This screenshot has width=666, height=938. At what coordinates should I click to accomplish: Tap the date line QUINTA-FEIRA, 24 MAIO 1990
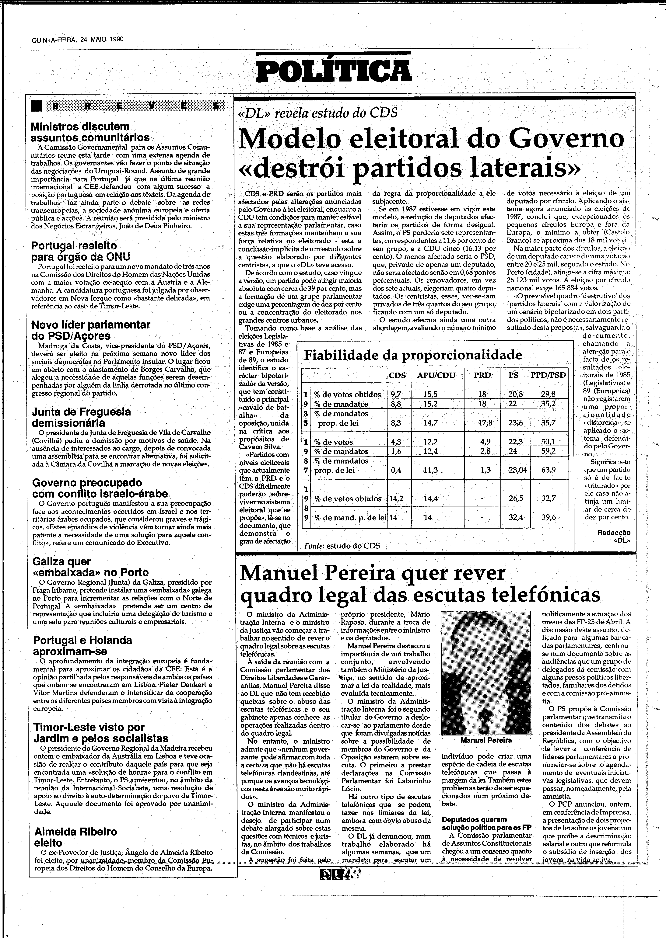point(78,40)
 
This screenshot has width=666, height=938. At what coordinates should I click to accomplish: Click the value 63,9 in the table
point(548,470)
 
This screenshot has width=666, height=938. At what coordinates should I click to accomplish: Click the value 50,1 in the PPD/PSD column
point(548,442)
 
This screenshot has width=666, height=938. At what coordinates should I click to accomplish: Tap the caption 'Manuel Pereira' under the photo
point(486,740)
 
